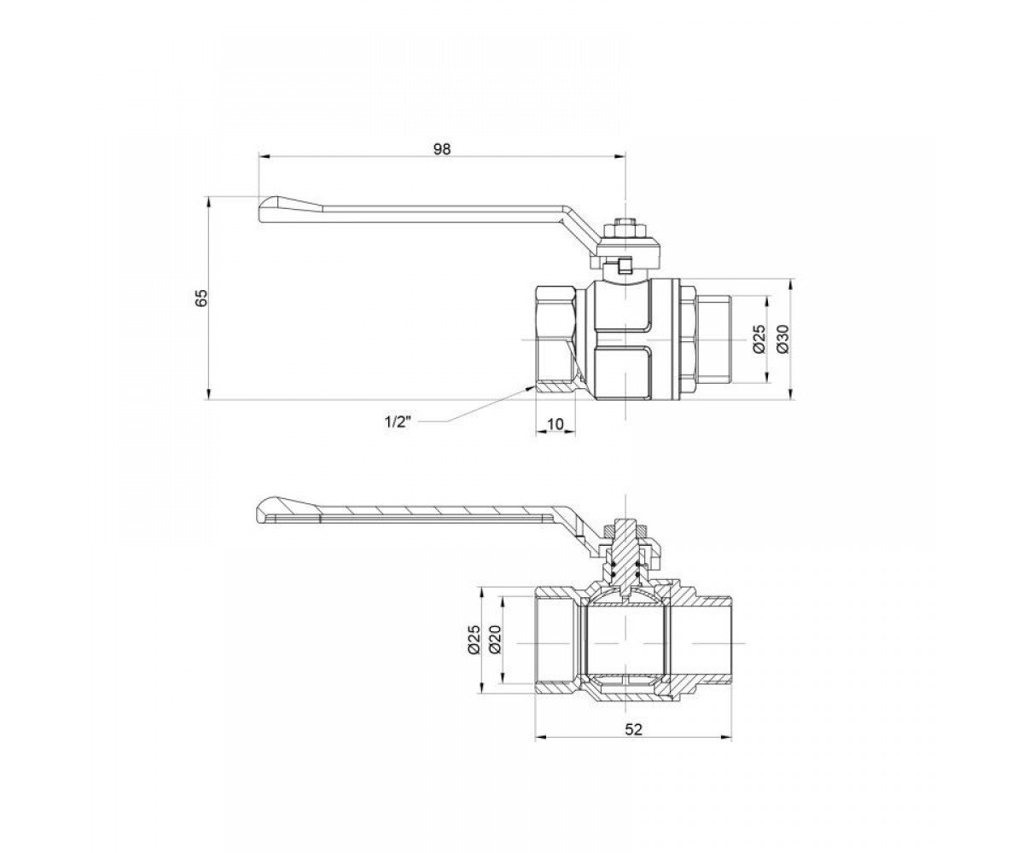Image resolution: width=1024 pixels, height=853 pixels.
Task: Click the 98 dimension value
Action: click(x=442, y=148)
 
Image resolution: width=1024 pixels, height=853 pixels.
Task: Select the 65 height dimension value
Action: click(x=201, y=299)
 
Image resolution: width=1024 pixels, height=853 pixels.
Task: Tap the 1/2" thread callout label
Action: click(x=398, y=422)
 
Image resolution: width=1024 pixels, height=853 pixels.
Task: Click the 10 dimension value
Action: click(x=556, y=424)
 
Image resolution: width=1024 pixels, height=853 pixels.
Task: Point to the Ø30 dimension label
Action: click(x=783, y=339)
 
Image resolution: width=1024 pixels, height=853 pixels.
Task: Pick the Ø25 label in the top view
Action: click(x=759, y=339)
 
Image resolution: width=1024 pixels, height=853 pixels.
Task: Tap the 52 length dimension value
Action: click(x=633, y=743)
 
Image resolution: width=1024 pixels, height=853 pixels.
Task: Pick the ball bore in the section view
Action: click(x=626, y=642)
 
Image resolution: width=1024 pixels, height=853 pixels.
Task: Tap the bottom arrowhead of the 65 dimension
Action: click(x=208, y=395)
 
